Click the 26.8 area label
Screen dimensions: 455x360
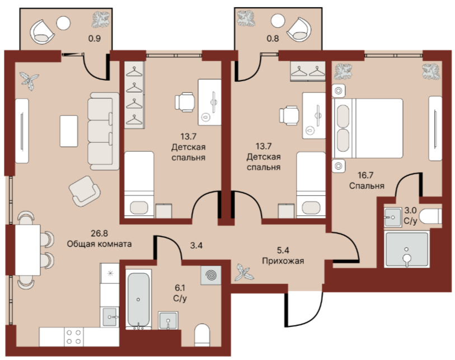tap(99, 233)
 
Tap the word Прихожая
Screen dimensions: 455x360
tap(283, 261)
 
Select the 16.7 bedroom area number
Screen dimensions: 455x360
tap(365, 175)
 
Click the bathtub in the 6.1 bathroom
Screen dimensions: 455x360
tap(138, 299)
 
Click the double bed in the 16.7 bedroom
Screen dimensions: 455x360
tap(368, 128)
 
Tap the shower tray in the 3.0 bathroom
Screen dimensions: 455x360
tap(406, 249)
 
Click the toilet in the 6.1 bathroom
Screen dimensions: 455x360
tap(202, 335)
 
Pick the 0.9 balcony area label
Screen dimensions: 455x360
tap(95, 38)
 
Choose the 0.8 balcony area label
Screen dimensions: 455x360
tap(273, 38)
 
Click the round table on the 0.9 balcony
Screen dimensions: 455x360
tap(63, 23)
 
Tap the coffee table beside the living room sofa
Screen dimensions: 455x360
tap(69, 131)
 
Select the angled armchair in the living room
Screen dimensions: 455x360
tap(85, 191)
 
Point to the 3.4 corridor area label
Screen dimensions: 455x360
tap(196, 246)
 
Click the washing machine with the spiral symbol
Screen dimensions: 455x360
tap(211, 275)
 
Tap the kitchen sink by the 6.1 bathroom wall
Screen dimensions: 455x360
tap(110, 317)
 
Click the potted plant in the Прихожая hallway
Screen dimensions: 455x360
tap(244, 272)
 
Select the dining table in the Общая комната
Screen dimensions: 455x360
tap(27, 250)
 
